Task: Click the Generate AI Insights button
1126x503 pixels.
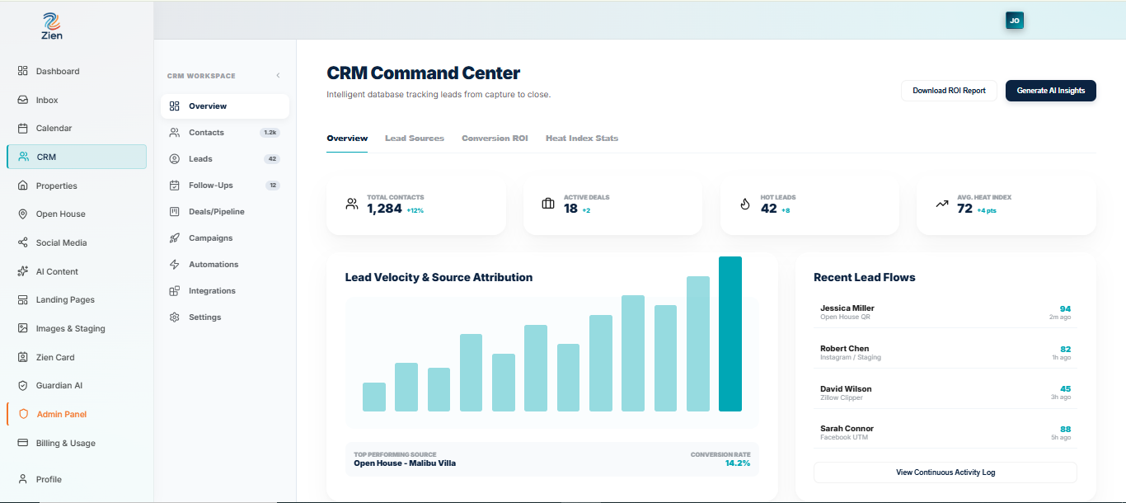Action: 1050,91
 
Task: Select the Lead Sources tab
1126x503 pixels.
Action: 415,139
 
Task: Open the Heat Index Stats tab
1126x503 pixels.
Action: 581,139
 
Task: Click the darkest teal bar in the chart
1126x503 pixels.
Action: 730,334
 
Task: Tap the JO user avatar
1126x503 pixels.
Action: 1015,21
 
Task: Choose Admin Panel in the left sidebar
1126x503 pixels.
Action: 62,414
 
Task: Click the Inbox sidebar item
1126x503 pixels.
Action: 47,100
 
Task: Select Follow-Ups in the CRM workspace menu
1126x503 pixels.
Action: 210,186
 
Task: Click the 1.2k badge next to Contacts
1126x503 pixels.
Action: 270,133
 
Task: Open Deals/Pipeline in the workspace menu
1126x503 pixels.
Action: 216,212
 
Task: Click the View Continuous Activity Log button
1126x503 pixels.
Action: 945,472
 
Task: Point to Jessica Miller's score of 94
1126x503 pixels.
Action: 1065,309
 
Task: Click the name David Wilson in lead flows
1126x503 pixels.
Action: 846,388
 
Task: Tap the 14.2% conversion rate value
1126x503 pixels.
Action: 737,463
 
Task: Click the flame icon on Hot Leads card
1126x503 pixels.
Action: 745,204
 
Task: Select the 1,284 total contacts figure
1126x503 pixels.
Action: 384,209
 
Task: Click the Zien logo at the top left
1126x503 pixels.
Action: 52,26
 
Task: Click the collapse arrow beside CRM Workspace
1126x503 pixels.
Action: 278,76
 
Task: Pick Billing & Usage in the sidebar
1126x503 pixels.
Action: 65,443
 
